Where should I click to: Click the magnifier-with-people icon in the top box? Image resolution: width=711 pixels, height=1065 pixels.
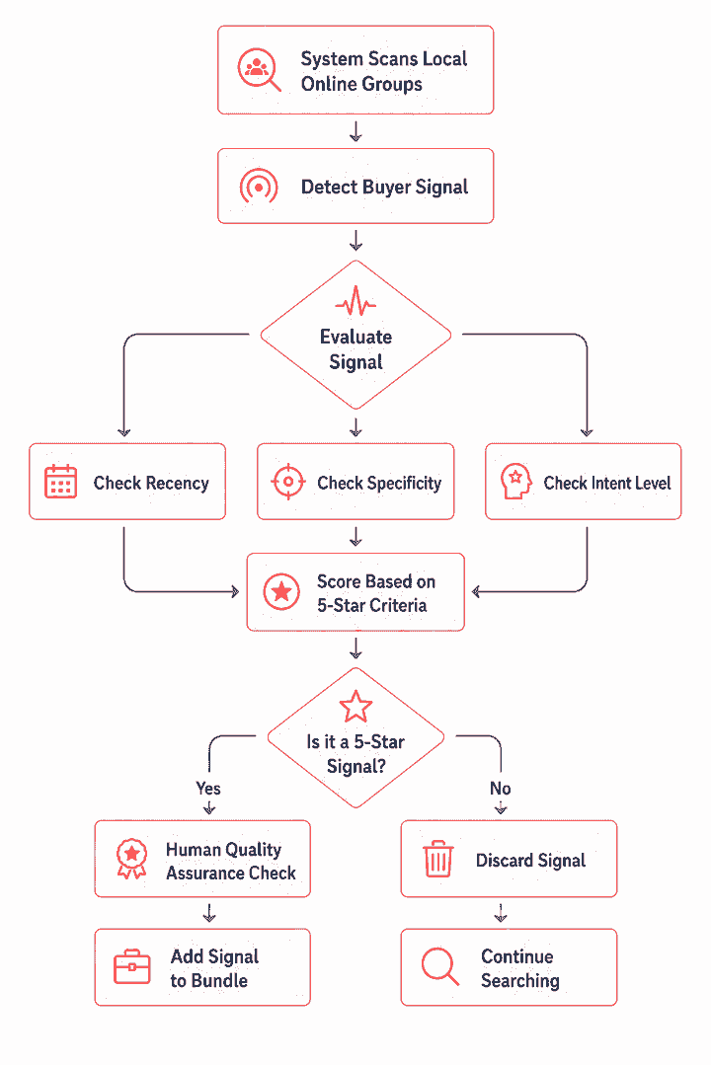tap(259, 69)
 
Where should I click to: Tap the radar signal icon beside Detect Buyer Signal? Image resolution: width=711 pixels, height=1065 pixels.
tap(259, 187)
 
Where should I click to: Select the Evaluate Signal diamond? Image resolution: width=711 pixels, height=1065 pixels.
tap(355, 335)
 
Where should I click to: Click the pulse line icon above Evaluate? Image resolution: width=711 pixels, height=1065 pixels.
tap(355, 301)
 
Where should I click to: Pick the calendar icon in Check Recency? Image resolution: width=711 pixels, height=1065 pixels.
tap(60, 482)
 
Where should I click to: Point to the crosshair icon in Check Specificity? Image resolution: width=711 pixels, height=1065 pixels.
tap(288, 482)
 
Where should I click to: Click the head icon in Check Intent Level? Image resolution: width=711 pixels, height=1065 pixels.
tap(515, 482)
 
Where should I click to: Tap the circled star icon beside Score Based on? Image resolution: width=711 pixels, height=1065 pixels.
tap(281, 591)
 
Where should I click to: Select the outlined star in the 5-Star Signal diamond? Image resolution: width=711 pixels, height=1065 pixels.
tap(355, 707)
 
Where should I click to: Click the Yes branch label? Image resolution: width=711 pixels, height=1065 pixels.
tap(208, 789)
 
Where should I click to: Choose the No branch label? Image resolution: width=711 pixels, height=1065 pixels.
tap(501, 789)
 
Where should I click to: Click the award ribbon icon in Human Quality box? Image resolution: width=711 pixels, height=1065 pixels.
tap(132, 859)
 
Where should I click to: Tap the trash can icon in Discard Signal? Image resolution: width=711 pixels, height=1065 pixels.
tap(438, 859)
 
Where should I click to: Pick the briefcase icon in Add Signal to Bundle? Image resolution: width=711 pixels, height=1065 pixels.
tap(132, 966)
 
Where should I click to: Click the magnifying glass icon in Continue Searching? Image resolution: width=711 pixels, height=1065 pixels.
tap(439, 966)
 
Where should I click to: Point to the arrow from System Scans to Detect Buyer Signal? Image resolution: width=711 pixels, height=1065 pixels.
tap(355, 131)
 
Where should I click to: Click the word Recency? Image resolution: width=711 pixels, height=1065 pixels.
tap(177, 483)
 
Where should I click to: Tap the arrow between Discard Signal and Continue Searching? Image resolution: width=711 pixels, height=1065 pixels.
tap(501, 913)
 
